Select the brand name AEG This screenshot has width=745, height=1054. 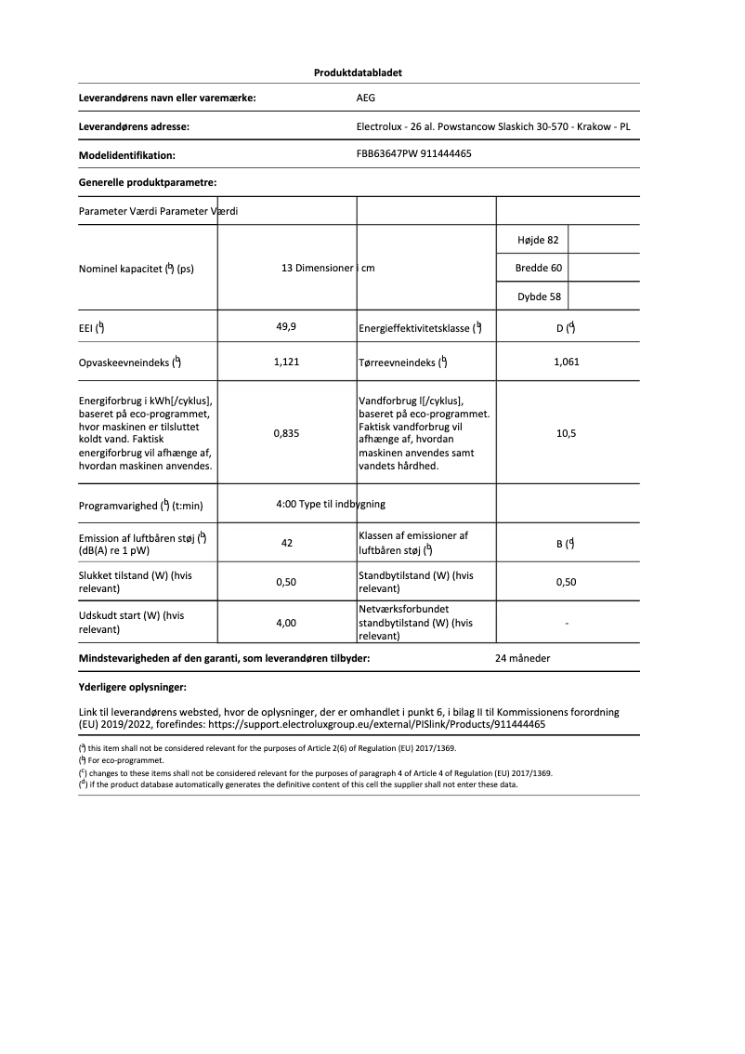pos(366,97)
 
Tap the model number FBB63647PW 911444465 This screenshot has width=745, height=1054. pos(413,154)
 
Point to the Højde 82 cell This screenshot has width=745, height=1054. pos(537,240)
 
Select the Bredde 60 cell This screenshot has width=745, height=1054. pos(537,269)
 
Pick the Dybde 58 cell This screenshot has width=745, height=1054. pos(538,297)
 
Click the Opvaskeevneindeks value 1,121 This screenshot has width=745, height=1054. pos(286,362)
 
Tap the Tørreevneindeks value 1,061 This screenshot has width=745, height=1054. pos(566,362)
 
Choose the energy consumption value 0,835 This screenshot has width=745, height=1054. pos(286,433)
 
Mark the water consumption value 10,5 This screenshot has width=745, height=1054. pos(566,433)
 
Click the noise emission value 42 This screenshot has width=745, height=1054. pos(287,543)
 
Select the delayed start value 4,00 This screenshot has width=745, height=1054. pos(286,623)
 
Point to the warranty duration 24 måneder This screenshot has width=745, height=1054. pos(523,658)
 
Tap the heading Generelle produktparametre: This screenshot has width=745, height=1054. pos(148,183)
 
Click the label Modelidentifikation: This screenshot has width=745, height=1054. pos(128,155)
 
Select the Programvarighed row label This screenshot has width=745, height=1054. pos(141,506)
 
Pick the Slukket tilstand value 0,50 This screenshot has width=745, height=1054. pos(286,583)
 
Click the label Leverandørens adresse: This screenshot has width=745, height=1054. pos(135,126)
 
